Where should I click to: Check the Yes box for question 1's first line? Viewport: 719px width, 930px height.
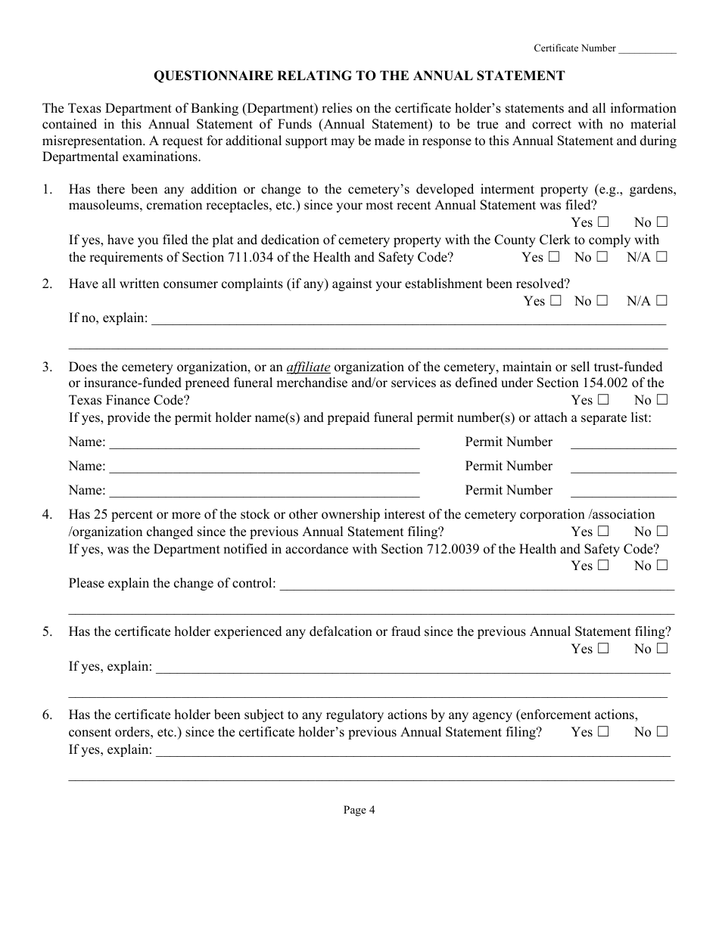tap(603, 222)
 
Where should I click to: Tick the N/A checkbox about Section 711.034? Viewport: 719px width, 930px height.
tap(662, 257)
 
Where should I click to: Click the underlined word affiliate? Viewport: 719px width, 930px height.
tap(308, 367)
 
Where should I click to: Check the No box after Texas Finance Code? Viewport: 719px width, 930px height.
tap(662, 400)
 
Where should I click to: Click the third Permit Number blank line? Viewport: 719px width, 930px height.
tap(623, 491)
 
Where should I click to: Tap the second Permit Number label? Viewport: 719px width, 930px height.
tap(509, 467)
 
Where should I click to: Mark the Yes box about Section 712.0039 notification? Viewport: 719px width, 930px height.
tap(603, 566)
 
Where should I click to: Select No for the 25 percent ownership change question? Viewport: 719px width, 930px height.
tap(662, 532)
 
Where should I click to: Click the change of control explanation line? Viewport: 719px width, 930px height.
tap(477, 585)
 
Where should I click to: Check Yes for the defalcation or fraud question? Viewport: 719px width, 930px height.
tap(603, 649)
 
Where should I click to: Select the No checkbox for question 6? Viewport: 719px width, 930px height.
tap(662, 732)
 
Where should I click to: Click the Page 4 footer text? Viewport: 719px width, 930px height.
tap(359, 811)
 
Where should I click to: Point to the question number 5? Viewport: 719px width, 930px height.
tap(48, 632)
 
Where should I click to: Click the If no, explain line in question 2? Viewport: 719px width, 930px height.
tap(409, 320)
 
